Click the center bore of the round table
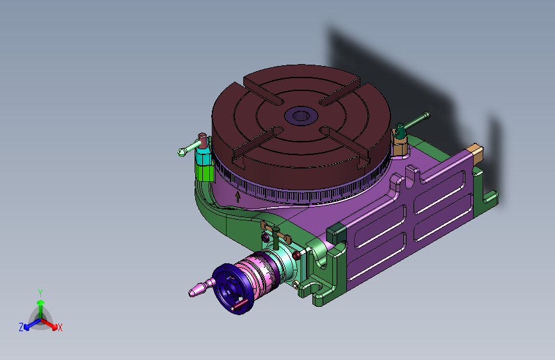click(x=302, y=115)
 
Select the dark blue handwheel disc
click(x=232, y=289)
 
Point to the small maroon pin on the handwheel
click(x=240, y=305)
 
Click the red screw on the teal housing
click(x=296, y=256)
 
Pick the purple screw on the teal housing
click(x=264, y=237)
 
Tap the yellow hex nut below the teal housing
click(x=295, y=284)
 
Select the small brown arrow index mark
click(x=238, y=197)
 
